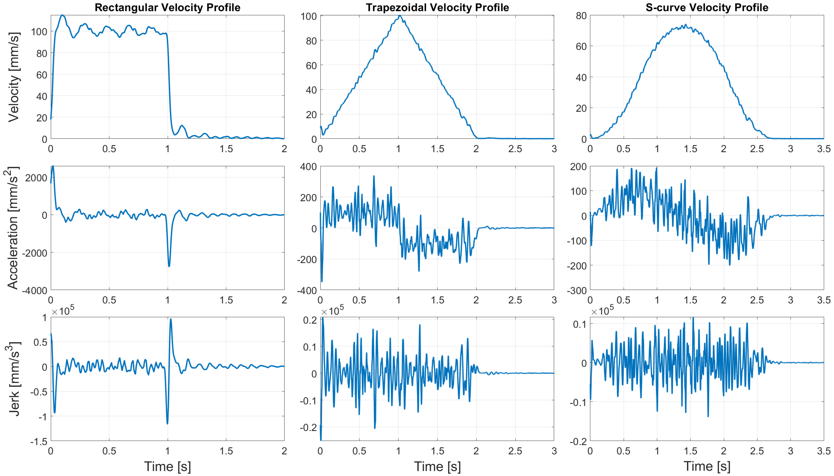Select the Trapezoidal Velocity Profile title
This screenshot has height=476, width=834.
(437, 7)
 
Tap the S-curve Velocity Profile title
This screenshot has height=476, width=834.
(707, 7)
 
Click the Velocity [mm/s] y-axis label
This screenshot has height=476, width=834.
(14, 77)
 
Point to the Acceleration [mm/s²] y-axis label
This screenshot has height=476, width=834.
(13, 228)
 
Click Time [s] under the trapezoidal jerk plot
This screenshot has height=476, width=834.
(437, 466)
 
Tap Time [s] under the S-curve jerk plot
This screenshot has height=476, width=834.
(707, 466)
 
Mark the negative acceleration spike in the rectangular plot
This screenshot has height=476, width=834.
(169, 266)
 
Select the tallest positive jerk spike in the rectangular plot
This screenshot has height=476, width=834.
(171, 319)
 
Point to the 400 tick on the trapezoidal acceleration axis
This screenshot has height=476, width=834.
(309, 167)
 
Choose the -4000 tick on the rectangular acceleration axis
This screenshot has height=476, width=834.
(34, 290)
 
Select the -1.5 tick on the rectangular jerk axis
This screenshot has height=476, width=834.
(38, 441)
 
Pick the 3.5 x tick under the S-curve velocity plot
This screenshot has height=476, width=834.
(824, 149)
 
